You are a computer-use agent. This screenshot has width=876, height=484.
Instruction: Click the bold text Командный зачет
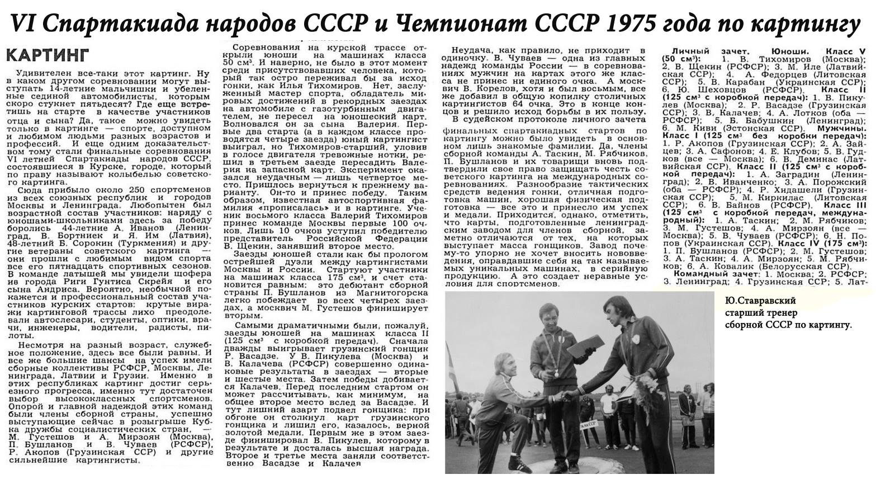point(705,274)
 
